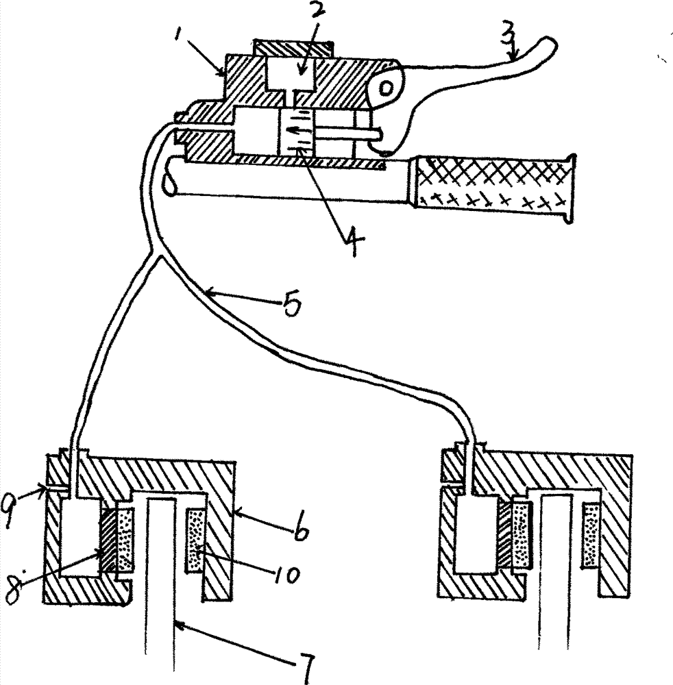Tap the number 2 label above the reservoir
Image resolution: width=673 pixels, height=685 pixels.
[x=317, y=12]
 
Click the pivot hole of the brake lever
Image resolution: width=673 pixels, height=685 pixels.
[x=386, y=89]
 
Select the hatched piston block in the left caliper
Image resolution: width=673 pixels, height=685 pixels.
[x=109, y=541]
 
